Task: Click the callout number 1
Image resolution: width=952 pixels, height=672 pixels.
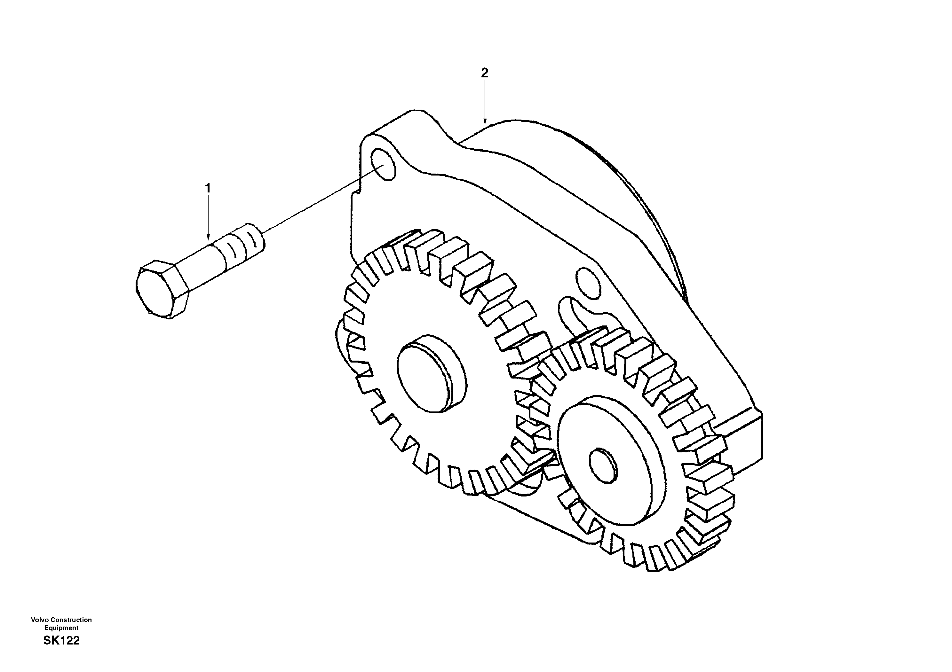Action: [x=208, y=189]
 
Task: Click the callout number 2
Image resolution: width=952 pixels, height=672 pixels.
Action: [x=484, y=73]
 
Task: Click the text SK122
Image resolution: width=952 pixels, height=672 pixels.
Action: [x=61, y=641]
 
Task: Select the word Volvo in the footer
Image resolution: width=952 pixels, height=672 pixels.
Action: [x=40, y=620]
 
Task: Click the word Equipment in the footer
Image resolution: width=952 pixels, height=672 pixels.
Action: [x=61, y=628]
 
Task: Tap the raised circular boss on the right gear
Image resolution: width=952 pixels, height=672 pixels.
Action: [x=609, y=456]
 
